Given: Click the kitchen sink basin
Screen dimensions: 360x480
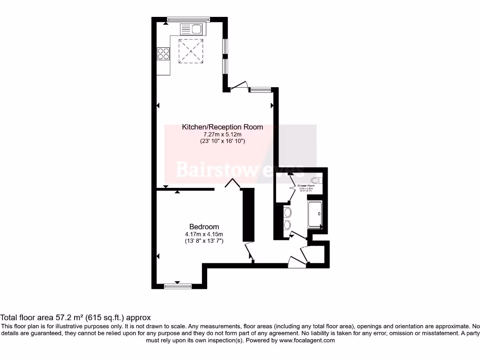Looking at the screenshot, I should tap(196, 30).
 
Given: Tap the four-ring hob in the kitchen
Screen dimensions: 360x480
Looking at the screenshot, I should tap(164, 54).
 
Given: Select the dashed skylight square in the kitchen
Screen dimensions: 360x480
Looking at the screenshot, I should tap(191, 51).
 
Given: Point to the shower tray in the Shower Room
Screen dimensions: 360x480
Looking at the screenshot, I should tap(315, 214).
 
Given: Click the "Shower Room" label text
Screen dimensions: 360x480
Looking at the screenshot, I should tap(306, 186).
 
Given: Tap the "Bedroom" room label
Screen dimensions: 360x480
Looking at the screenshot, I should tap(204, 227).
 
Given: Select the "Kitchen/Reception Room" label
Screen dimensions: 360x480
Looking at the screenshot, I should tap(222, 127).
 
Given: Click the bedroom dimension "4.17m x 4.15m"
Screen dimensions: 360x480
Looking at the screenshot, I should tap(204, 234).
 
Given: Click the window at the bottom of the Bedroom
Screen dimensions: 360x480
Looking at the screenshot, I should tap(178, 285).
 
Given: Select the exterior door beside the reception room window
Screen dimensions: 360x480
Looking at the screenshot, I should tap(238, 86).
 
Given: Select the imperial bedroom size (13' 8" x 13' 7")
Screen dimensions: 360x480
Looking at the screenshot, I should tap(204, 241).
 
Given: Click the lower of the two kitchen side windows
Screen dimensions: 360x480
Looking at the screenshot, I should tap(225, 66).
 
